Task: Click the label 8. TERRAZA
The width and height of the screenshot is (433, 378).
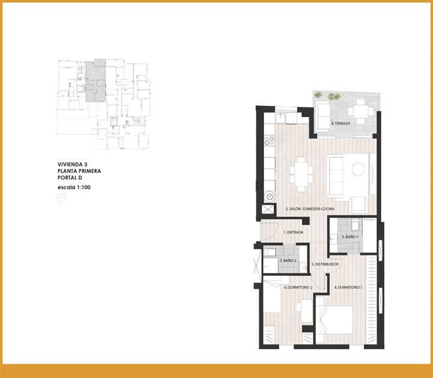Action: click(340, 123)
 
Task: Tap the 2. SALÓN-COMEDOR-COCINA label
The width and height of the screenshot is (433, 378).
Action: click(310, 209)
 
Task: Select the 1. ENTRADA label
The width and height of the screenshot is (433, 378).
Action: click(293, 233)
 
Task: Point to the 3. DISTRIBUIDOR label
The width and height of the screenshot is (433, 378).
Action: click(325, 264)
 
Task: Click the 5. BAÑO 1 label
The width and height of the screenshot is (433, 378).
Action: click(350, 237)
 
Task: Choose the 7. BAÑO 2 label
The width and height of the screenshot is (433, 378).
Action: click(287, 260)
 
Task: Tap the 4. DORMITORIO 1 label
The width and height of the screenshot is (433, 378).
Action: click(348, 287)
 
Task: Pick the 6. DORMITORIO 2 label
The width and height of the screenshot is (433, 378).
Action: click(298, 287)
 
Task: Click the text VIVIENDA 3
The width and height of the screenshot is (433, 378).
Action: click(72, 165)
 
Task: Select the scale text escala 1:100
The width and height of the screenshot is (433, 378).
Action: click(74, 187)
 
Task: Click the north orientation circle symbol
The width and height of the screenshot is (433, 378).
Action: click(61, 198)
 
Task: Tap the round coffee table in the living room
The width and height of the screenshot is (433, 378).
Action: click(358, 169)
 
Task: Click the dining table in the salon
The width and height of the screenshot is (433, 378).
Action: click(301, 174)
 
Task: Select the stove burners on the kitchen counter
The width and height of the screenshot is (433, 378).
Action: click(269, 141)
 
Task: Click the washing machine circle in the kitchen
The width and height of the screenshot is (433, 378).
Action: click(269, 197)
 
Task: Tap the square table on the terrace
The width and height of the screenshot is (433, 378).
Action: click(360, 111)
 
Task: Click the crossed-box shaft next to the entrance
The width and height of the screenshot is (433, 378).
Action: click(268, 209)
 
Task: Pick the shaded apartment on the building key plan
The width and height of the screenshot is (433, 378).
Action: click(96, 81)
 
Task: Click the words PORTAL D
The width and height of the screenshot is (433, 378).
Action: click(70, 178)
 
